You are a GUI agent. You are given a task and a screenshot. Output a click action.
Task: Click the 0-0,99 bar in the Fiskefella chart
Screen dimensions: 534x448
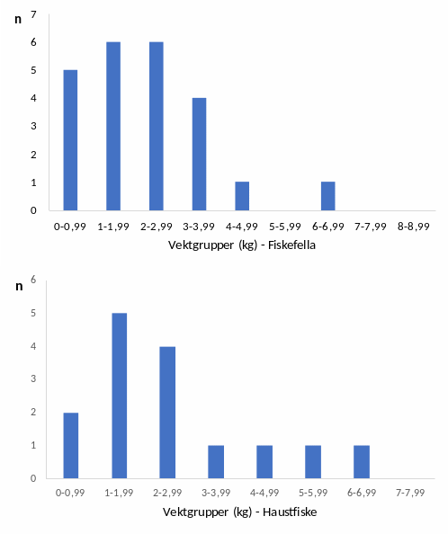(70, 140)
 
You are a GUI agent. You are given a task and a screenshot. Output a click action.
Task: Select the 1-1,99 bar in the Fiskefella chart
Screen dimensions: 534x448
(113, 126)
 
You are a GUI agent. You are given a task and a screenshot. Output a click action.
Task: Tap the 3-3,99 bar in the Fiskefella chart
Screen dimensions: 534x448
(200, 154)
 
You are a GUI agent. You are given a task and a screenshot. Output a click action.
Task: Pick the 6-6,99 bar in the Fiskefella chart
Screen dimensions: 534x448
(328, 196)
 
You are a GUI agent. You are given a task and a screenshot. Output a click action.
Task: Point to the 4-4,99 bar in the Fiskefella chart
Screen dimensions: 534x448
(242, 196)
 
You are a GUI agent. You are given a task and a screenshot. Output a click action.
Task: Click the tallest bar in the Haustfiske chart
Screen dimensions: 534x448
(119, 396)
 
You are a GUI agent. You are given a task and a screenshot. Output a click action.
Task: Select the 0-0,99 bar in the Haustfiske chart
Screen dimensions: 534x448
(71, 445)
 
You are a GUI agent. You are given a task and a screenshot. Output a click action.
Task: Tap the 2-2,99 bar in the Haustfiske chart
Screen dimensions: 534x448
(167, 412)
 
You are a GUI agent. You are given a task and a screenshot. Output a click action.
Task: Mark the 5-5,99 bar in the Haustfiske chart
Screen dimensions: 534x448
(312, 461)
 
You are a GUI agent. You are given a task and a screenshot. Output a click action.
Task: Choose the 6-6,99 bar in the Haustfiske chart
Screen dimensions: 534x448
(361, 461)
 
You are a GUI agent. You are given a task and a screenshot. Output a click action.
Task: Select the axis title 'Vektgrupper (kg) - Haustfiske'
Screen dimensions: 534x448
(239, 512)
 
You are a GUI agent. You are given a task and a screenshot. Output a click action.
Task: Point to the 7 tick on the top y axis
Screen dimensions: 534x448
(33, 15)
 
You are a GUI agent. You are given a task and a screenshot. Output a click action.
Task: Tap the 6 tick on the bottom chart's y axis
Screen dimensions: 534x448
(33, 280)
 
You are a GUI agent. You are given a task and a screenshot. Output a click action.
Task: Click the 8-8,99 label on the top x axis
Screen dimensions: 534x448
(414, 226)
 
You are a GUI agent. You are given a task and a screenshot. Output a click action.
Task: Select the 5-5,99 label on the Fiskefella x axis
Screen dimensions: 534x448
(285, 226)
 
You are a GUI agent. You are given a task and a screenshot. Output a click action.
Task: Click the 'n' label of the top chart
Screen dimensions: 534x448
(17, 18)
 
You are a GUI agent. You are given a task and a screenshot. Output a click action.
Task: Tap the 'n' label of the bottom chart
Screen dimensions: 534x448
(17, 286)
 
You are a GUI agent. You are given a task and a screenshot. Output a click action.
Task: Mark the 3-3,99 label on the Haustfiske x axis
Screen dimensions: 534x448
(216, 493)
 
